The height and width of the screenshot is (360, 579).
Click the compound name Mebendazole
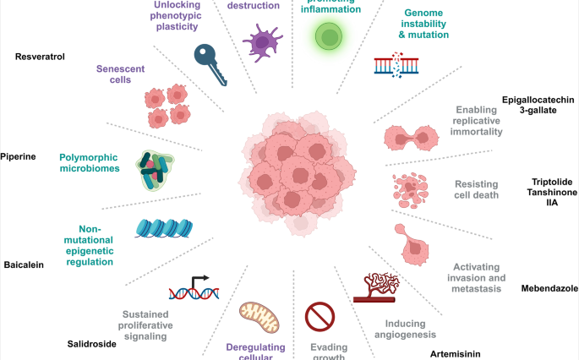tap(550, 287)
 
